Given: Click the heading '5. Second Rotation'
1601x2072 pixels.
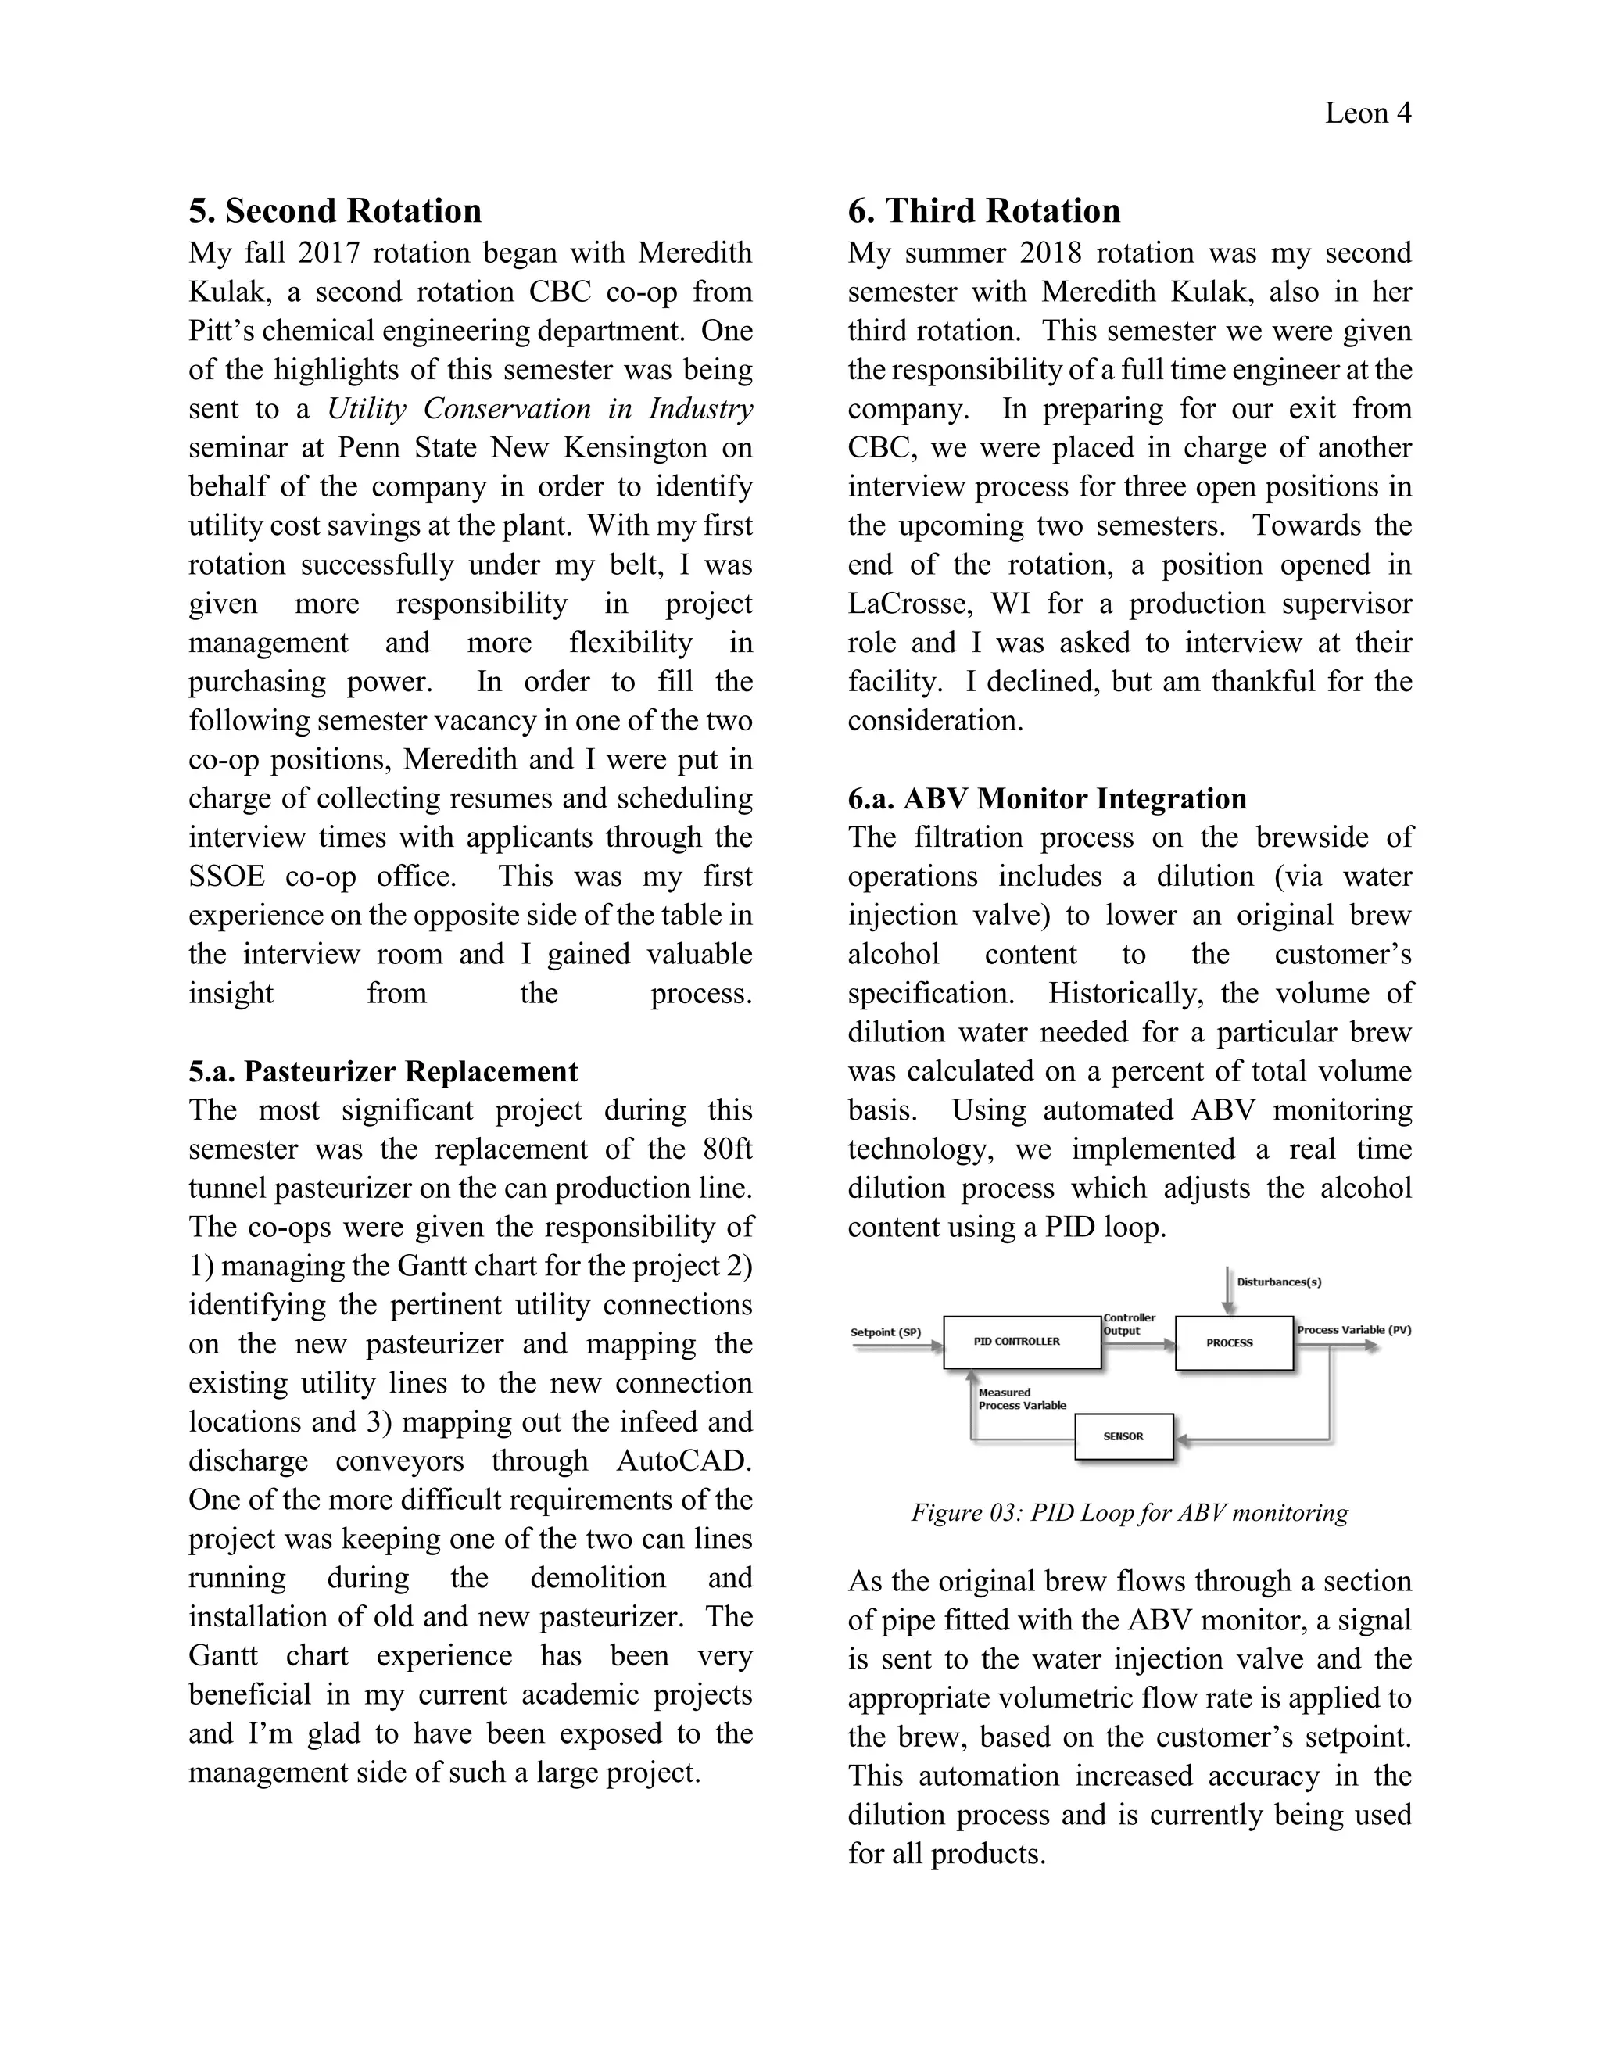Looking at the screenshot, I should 335,210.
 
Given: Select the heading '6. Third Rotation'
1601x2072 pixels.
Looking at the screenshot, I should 983,210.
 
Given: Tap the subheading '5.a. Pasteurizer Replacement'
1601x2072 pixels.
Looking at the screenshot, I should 382,1071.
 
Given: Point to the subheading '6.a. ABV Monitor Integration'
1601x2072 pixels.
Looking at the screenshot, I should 1046,799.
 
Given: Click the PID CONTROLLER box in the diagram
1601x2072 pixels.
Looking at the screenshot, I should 1022,1342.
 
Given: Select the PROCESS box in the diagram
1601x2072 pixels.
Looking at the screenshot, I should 1233,1342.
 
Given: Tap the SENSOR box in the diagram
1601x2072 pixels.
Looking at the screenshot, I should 1123,1436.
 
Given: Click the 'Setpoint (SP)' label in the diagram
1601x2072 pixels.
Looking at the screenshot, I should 885,1332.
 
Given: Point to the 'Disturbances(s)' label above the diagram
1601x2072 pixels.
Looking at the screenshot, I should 1278,1282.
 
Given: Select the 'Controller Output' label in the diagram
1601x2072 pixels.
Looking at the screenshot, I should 1129,1325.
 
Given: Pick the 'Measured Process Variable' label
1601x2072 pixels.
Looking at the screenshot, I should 1022,1400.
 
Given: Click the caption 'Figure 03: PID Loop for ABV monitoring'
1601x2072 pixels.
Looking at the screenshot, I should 1129,1512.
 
